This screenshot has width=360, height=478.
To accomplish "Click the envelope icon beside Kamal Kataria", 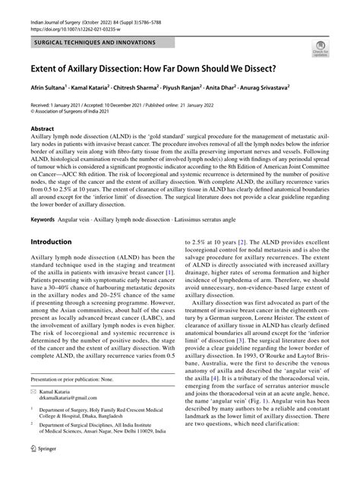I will pyautogui.click(x=33, y=410).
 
